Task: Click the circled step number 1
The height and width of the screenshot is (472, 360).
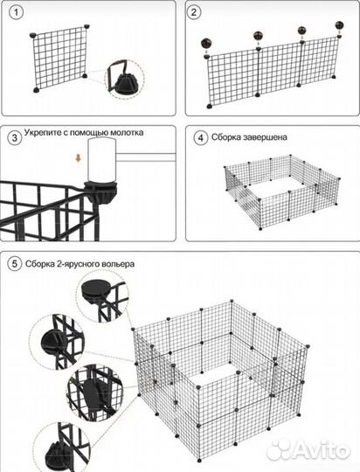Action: [16, 12]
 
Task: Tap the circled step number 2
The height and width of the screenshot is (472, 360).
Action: [194, 12]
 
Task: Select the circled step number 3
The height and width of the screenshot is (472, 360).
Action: [15, 138]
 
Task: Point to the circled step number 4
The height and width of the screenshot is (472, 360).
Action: [201, 138]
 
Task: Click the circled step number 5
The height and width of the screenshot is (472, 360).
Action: [15, 264]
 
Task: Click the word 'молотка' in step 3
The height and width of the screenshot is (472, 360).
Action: [127, 133]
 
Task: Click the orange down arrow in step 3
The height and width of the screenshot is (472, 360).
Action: [79, 158]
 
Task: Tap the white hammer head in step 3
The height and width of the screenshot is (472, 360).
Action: [101, 160]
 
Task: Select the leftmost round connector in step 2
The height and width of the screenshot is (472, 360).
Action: [207, 44]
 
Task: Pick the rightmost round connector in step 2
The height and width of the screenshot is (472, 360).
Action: [339, 25]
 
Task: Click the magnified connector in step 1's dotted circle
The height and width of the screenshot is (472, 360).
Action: [126, 81]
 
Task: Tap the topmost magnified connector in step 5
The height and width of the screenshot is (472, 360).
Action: [95, 290]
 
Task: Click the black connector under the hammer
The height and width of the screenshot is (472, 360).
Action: [100, 191]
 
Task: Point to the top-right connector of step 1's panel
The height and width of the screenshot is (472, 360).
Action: [87, 27]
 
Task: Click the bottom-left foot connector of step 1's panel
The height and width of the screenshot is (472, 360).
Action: [37, 90]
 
